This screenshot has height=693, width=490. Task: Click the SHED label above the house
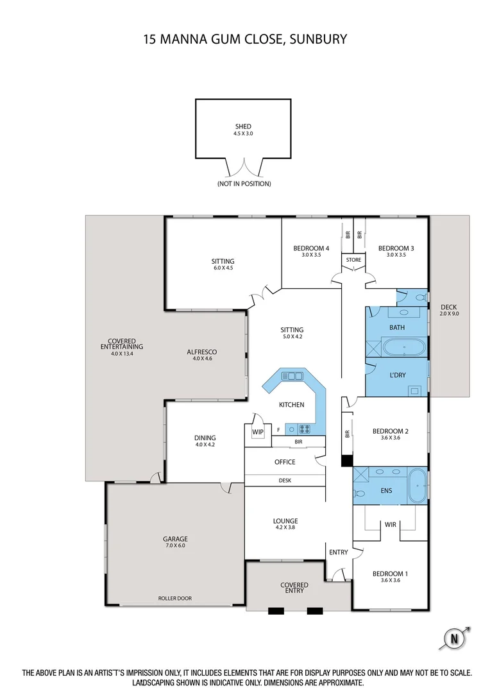(243, 126)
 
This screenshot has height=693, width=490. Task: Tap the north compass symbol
(455, 638)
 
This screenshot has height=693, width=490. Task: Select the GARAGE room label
(175, 539)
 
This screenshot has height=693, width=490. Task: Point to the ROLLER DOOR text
(175, 599)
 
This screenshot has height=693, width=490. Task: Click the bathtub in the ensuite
(418, 486)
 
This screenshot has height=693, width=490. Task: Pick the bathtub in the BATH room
(404, 349)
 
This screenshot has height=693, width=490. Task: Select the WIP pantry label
(258, 432)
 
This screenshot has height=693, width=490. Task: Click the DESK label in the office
(285, 480)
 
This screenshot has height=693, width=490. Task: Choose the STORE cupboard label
(353, 260)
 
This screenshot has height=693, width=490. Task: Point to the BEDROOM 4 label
(311, 248)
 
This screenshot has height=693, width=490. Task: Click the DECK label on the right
(449, 307)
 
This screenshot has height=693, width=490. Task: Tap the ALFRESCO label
(201, 352)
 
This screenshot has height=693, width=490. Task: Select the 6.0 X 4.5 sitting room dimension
(223, 268)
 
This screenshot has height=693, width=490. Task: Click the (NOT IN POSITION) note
(243, 184)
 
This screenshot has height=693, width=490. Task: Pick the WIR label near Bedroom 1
(391, 524)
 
